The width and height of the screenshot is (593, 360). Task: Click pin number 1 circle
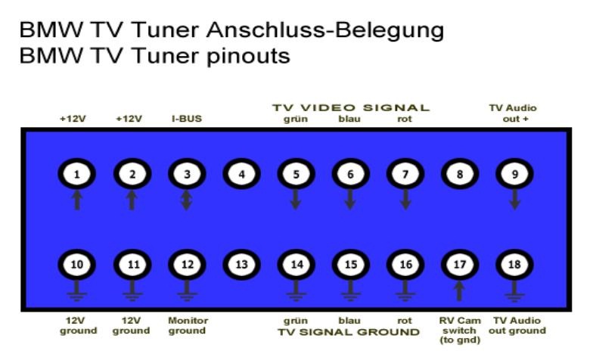[x=76, y=175]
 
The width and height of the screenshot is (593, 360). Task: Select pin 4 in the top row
[x=241, y=175]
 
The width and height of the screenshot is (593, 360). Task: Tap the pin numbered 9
[x=515, y=175]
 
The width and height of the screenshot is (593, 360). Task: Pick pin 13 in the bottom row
[x=241, y=265]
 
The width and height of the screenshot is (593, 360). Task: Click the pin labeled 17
[x=460, y=265]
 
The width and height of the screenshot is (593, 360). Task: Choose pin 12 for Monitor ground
[x=187, y=265]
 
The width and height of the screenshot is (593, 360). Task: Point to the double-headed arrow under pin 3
[x=187, y=200]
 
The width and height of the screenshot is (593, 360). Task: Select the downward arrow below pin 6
[x=350, y=200]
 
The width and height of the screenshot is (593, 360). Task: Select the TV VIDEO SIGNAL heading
[x=350, y=108]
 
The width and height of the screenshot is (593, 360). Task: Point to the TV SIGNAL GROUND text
[x=348, y=331]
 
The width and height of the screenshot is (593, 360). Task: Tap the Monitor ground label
[x=187, y=325]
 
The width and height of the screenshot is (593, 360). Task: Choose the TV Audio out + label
[x=514, y=113]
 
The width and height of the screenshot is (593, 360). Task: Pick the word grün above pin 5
[x=296, y=119]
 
